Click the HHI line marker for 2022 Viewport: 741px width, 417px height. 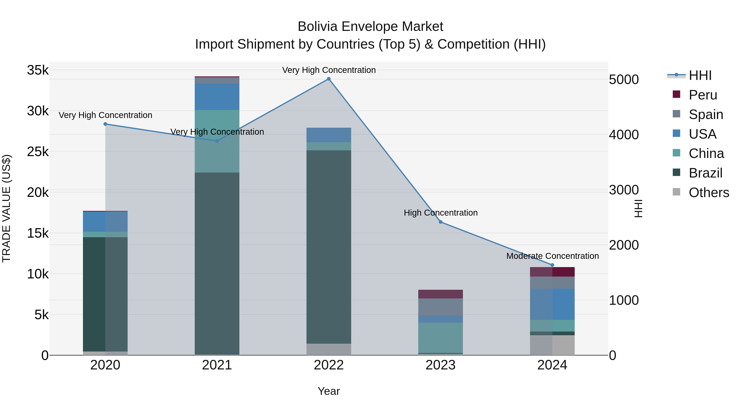click(x=329, y=79)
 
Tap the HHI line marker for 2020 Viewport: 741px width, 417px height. click(x=105, y=124)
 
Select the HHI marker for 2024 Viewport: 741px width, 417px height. click(x=552, y=265)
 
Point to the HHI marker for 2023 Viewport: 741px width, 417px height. click(x=440, y=222)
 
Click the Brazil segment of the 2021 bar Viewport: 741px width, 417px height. click(x=217, y=263)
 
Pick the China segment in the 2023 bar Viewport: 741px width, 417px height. click(x=440, y=338)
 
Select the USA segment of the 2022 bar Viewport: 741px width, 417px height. click(x=329, y=135)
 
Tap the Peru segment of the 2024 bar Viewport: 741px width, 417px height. click(x=552, y=272)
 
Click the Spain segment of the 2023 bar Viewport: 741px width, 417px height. click(x=440, y=307)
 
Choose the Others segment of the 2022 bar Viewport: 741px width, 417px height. click(x=329, y=349)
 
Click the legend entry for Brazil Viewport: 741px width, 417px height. click(x=705, y=173)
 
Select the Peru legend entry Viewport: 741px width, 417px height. click(x=703, y=95)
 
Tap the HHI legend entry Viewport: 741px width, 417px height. click(x=700, y=75)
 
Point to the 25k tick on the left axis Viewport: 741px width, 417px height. click(x=38, y=152)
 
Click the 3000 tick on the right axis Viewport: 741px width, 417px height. click(x=624, y=190)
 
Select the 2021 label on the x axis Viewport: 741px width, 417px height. click(x=217, y=365)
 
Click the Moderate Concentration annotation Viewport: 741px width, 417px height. click(x=552, y=256)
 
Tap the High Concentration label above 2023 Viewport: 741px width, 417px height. click(x=440, y=213)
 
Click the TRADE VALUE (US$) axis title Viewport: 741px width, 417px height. click(x=6, y=208)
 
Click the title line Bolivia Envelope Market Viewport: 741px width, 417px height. click(x=370, y=27)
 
